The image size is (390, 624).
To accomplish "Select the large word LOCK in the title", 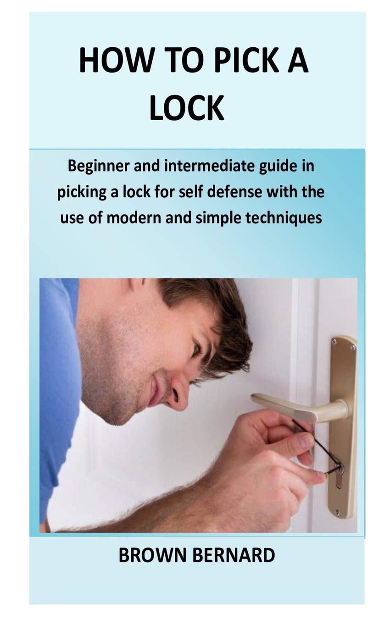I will (x=187, y=108).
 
